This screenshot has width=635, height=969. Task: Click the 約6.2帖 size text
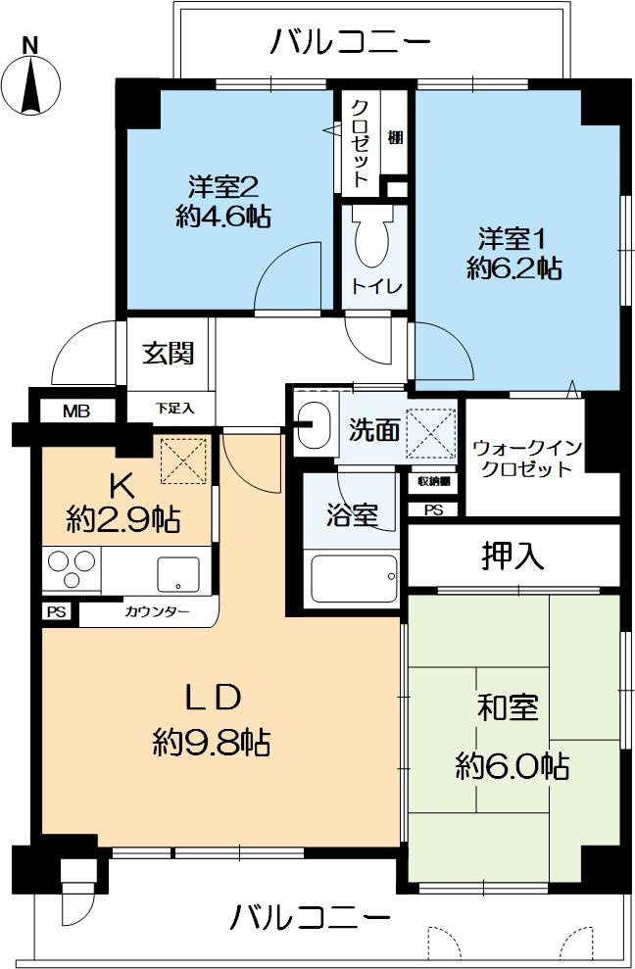513,268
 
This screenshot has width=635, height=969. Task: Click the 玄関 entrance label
168,353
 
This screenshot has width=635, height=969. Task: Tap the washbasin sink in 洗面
314,424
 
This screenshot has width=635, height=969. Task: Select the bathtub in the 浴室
354,579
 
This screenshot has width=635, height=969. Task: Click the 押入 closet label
513,557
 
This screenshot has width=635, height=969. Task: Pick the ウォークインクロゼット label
526,458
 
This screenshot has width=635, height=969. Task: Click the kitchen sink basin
176,573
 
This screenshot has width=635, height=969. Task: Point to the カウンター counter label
151,612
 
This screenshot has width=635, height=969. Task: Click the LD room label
213,698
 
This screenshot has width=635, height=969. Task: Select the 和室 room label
508,707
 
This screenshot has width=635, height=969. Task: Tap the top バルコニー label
351,43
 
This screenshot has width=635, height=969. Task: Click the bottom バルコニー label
311,919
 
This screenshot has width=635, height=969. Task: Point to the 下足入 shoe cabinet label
176,407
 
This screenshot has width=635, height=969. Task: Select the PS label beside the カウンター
56,612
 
